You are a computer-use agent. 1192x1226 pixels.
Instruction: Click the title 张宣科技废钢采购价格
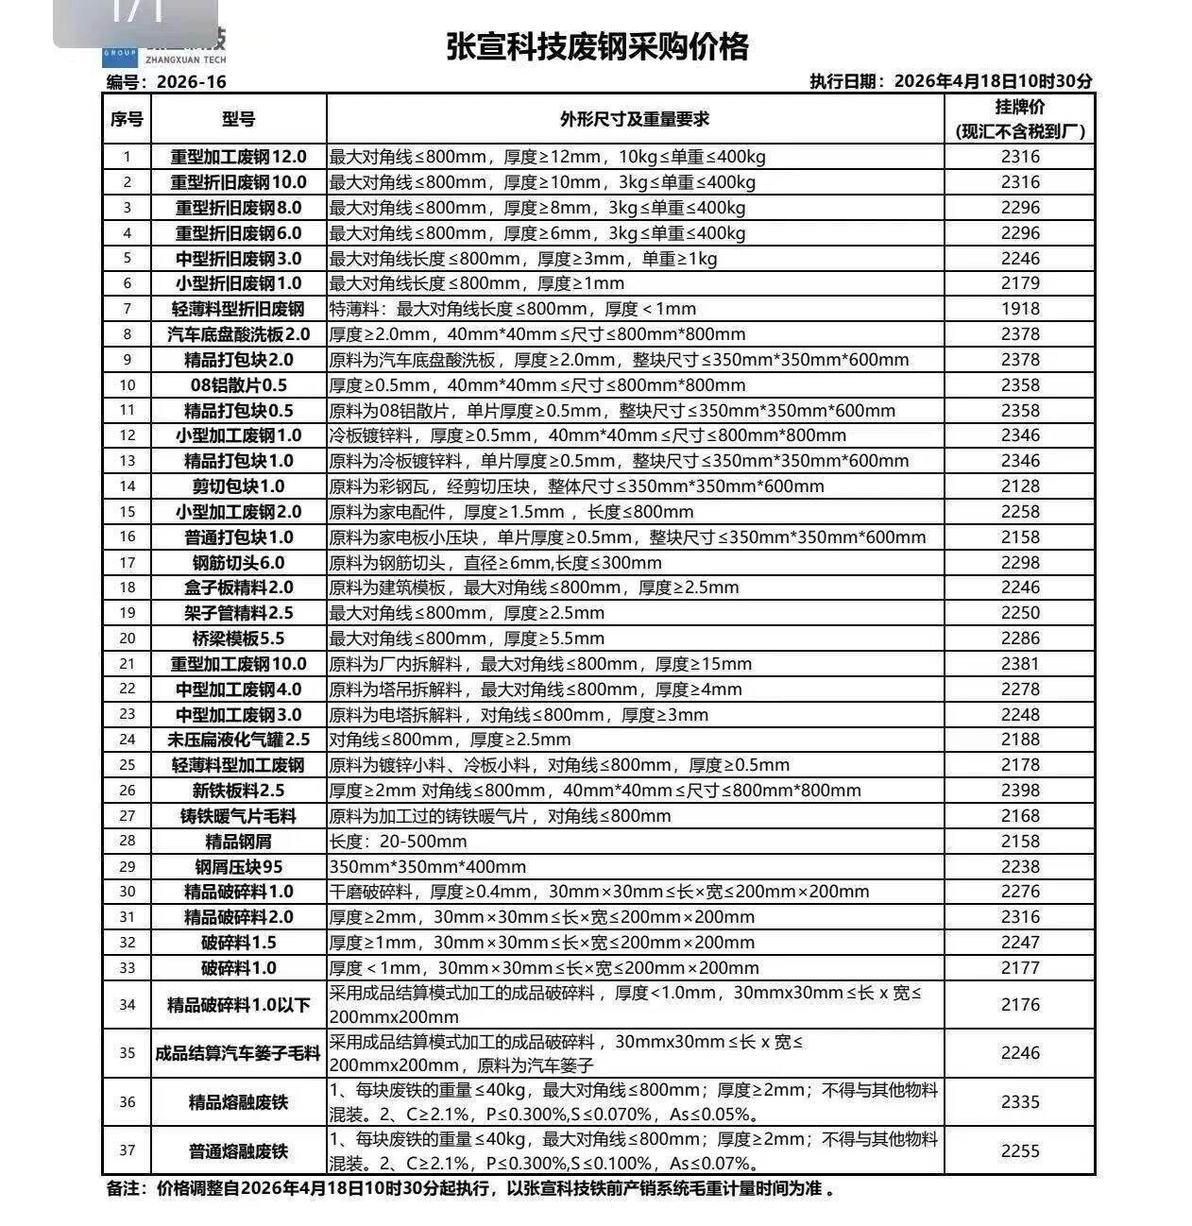(x=597, y=46)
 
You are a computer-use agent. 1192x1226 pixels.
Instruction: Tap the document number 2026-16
(x=191, y=82)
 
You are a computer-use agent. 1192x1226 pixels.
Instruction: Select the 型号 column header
(x=238, y=119)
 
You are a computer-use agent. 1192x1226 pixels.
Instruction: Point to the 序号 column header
(x=127, y=119)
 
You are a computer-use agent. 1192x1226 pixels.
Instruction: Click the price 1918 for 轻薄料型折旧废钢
(x=1020, y=309)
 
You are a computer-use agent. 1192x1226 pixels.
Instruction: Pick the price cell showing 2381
(x=1020, y=664)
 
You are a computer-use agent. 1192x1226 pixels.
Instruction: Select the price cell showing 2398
(x=1020, y=791)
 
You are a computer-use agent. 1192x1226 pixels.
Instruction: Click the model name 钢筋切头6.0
(x=238, y=563)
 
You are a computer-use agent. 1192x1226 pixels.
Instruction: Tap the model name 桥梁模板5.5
(x=238, y=639)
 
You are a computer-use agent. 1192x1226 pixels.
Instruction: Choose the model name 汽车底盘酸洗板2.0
(x=238, y=334)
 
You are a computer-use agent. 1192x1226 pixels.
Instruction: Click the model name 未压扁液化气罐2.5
(x=238, y=740)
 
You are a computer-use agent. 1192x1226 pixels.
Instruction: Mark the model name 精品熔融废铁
(x=238, y=1102)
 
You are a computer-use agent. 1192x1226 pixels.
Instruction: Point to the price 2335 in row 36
(x=1020, y=1102)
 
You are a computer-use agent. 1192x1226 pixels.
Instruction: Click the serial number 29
(x=128, y=867)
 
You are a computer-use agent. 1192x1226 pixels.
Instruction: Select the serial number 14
(x=128, y=486)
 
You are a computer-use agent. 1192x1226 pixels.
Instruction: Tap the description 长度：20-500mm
(x=398, y=842)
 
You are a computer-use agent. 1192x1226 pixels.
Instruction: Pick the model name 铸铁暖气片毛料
(x=238, y=816)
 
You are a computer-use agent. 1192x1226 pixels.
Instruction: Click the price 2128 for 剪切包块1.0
(x=1020, y=486)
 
